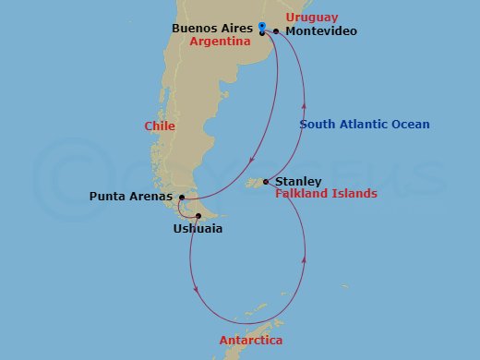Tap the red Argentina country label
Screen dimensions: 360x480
[x=221, y=42]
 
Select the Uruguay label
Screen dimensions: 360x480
[x=312, y=18]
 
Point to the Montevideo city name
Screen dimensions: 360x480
[x=321, y=31]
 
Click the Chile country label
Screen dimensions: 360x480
[x=161, y=126]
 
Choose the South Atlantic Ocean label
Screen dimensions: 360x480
[x=365, y=125]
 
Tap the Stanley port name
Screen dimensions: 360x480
[x=299, y=182]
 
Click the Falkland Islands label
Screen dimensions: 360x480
[x=326, y=194]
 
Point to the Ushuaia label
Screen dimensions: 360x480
[x=198, y=228]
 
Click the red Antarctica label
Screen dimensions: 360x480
[x=250, y=341]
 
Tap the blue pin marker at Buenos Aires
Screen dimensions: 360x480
[x=262, y=28]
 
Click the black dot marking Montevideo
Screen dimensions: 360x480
[x=276, y=31]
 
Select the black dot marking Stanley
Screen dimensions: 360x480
[x=266, y=182]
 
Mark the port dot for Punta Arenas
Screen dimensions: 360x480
[x=182, y=197]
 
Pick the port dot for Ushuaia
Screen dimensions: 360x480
[x=198, y=216]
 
